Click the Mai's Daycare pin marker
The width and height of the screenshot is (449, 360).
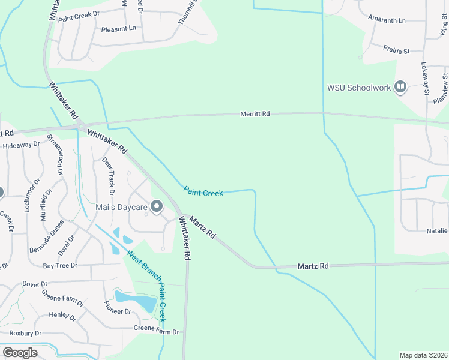point(157,208)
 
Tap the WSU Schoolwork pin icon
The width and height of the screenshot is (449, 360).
point(400,88)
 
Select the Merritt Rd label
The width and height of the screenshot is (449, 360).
point(255,113)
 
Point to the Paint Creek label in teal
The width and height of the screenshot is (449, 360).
point(203,192)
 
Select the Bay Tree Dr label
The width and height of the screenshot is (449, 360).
point(60,265)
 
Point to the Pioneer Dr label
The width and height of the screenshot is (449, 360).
point(118,308)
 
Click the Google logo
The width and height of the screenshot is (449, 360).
point(20,353)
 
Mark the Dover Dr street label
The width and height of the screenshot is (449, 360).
point(34,283)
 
